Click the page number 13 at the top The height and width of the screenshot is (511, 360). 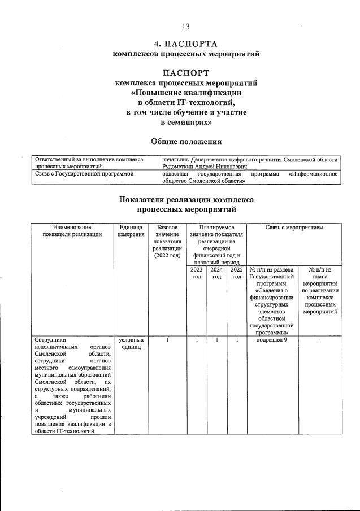click(186, 27)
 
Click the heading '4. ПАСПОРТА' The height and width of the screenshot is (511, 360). click(186, 44)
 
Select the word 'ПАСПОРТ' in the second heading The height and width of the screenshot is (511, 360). click(186, 72)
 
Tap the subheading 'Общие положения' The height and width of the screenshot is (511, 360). click(186, 141)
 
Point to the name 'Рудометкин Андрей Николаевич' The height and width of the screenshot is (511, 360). click(203, 167)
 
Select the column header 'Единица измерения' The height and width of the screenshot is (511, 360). click(131, 230)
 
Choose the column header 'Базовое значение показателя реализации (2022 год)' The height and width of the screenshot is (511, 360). click(167, 241)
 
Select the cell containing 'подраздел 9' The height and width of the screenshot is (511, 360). click(272, 340)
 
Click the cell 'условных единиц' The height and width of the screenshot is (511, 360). click(131, 344)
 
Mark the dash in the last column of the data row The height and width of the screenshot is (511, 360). click(320, 340)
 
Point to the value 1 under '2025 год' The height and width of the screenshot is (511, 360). click(237, 340)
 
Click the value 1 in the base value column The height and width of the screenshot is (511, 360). click(167, 340)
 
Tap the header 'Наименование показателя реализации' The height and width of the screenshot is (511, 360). click(72, 230)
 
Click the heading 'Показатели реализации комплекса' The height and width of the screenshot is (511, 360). click(186, 199)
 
